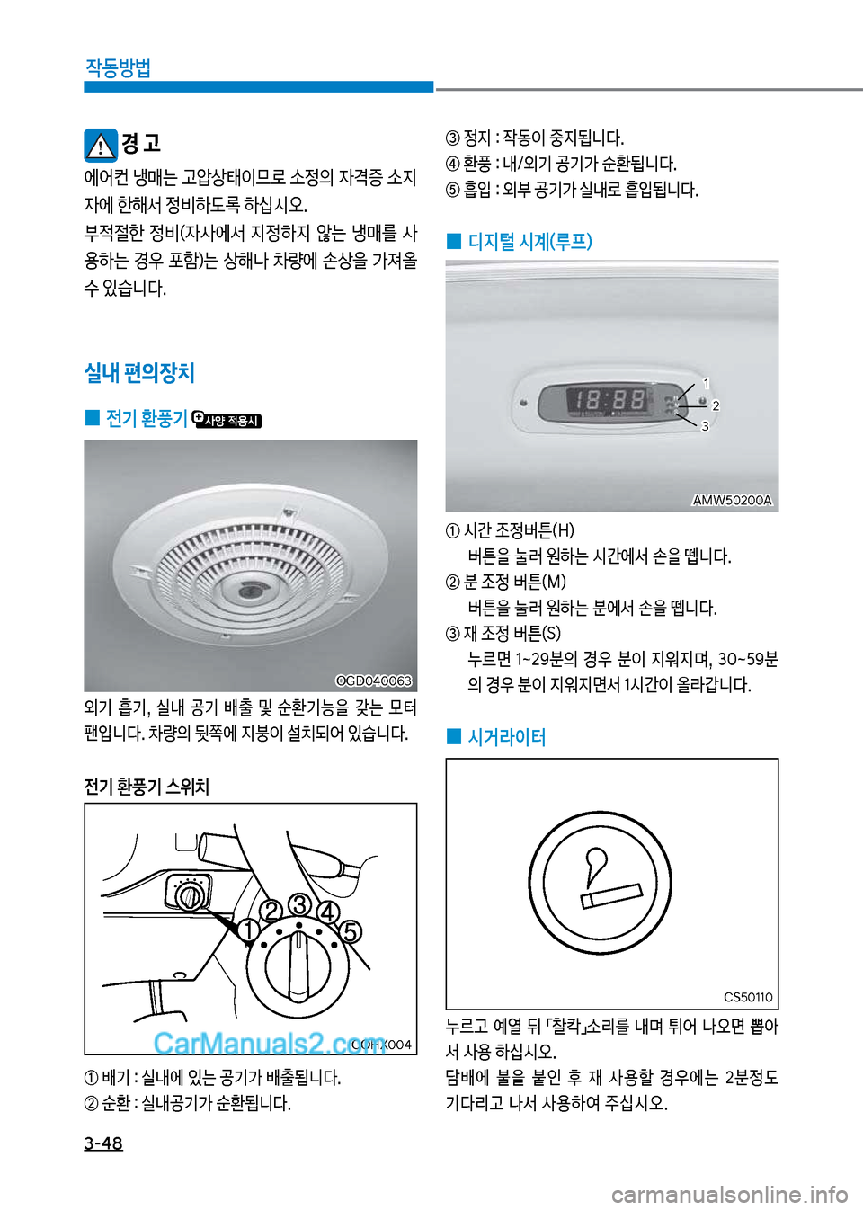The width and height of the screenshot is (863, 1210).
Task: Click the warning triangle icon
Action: coord(101,146)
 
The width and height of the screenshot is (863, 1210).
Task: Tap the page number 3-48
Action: coord(103,1143)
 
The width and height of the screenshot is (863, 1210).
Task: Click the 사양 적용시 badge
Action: coord(227,420)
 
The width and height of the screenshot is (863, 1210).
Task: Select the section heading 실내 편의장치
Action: coord(139,372)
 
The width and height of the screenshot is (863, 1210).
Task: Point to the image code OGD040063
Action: coord(374,681)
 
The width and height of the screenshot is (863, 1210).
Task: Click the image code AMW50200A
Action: coord(732,500)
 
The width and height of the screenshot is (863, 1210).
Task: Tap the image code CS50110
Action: coord(748,997)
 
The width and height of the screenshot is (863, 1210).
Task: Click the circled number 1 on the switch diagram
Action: coord(249,930)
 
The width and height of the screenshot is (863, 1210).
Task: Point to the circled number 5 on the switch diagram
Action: coord(350,932)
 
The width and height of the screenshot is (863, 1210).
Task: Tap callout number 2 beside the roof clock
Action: coord(716,405)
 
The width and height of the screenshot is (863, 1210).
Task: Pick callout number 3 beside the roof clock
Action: coord(705,426)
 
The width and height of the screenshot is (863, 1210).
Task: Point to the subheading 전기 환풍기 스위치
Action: coord(147,787)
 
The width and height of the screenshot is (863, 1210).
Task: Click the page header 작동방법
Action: coord(118,68)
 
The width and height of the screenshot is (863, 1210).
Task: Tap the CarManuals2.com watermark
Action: coord(270,1044)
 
